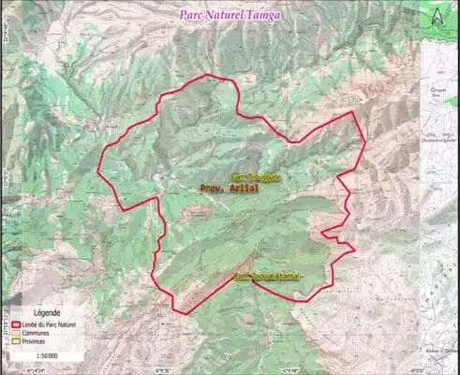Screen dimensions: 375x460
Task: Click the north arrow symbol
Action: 438,14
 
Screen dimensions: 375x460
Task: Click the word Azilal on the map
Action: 245,187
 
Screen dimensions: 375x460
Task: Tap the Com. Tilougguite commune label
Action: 255,176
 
